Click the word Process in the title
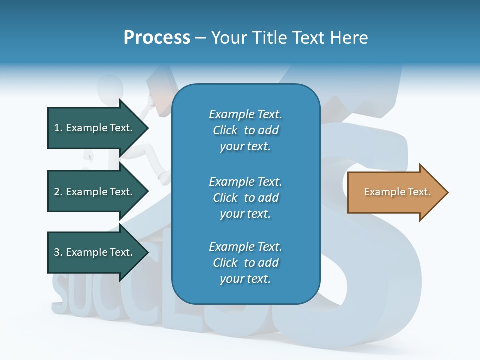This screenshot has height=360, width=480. pos(157,38)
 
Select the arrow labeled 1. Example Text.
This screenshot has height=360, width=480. pos(95,128)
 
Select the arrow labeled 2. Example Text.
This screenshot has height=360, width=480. pos(95,192)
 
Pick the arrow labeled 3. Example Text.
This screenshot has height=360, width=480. pos(95,252)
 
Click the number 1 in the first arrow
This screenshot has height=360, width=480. pos(57,128)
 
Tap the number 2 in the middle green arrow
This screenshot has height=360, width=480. pos(57,192)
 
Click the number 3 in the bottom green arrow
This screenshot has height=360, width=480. pos(57,252)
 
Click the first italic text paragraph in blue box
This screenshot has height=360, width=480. pos(245,130)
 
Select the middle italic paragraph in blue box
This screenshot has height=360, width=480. pos(245,198)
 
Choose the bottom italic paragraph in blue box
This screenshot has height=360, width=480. pos(245,263)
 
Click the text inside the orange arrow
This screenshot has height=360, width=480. pos(397,192)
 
